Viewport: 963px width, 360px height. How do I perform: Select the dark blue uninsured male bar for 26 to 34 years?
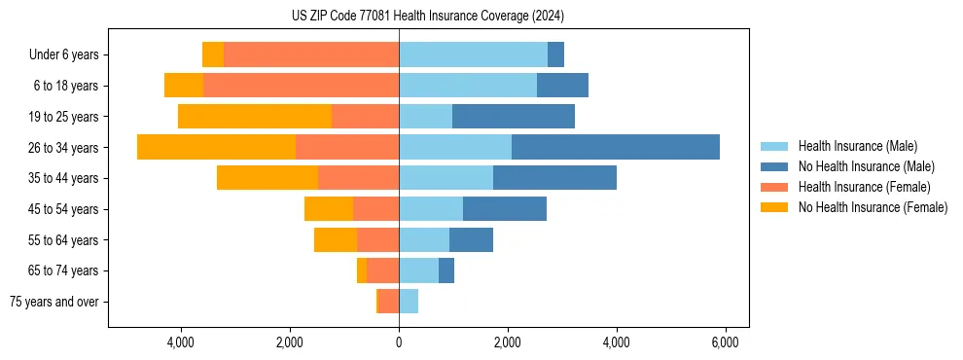click(x=615, y=147)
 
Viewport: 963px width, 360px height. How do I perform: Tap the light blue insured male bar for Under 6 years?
click(x=473, y=54)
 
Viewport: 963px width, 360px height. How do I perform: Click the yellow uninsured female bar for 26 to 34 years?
click(x=216, y=147)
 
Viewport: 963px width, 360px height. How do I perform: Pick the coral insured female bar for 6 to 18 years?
click(x=301, y=86)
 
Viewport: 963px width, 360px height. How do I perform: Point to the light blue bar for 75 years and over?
click(x=409, y=302)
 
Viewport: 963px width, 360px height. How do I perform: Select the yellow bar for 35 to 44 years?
click(x=267, y=178)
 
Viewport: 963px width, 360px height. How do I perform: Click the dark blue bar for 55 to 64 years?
click(x=471, y=240)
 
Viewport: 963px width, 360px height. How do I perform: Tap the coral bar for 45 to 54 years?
click(x=375, y=209)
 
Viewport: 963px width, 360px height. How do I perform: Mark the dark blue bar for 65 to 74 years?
click(x=446, y=270)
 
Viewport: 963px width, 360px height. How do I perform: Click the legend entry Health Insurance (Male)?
click(x=857, y=146)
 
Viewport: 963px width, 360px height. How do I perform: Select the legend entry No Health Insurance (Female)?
click(x=873, y=207)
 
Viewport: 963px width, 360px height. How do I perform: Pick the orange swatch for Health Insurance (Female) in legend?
click(x=775, y=187)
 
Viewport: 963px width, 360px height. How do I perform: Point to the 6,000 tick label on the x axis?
click(x=725, y=342)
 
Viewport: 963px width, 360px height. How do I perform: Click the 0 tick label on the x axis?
click(x=399, y=342)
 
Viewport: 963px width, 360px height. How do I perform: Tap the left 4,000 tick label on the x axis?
click(x=181, y=342)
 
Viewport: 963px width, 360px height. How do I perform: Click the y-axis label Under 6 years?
click(x=64, y=54)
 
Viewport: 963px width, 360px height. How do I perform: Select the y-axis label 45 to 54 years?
click(x=65, y=209)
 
